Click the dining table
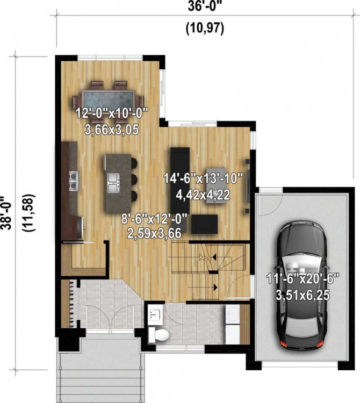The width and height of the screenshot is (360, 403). [109, 100]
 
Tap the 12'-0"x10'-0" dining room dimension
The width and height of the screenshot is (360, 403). [112, 113]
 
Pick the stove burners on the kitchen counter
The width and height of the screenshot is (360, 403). [71, 180]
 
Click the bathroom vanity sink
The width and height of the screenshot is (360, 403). [155, 314]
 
